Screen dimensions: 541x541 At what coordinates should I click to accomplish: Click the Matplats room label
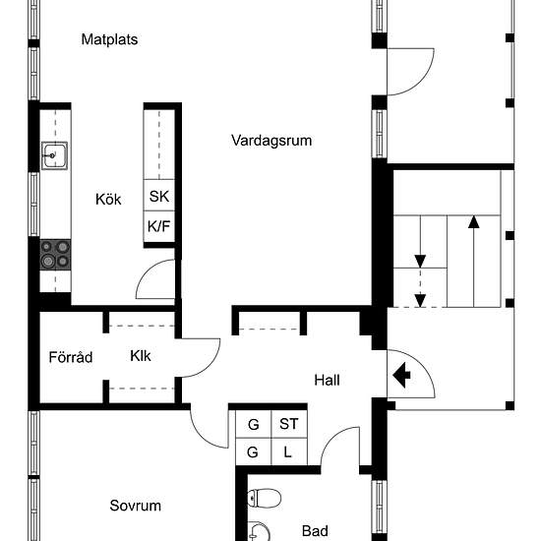109,39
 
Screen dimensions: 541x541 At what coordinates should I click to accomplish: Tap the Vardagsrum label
271,141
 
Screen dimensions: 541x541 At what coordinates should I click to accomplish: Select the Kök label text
108,200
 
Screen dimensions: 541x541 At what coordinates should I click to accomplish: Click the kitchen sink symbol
54,155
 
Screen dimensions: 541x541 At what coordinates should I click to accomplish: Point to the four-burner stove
55,255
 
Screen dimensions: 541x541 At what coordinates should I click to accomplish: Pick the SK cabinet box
159,196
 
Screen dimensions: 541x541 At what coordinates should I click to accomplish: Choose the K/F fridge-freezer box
159,226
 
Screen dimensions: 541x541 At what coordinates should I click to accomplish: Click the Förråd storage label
71,357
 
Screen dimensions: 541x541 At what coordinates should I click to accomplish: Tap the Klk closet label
141,356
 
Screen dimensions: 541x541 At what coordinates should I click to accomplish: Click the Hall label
327,381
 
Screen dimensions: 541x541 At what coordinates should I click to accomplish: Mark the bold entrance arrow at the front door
401,375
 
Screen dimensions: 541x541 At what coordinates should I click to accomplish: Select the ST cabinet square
289,424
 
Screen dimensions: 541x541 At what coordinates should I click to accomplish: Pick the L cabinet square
289,451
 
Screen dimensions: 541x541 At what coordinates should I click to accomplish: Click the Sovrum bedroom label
136,506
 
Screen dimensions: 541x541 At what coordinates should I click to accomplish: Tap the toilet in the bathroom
265,499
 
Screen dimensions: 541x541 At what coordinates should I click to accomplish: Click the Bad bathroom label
315,531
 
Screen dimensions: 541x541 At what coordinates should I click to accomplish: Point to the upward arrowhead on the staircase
474,222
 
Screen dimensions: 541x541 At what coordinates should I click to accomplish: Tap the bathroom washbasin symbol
259,531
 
